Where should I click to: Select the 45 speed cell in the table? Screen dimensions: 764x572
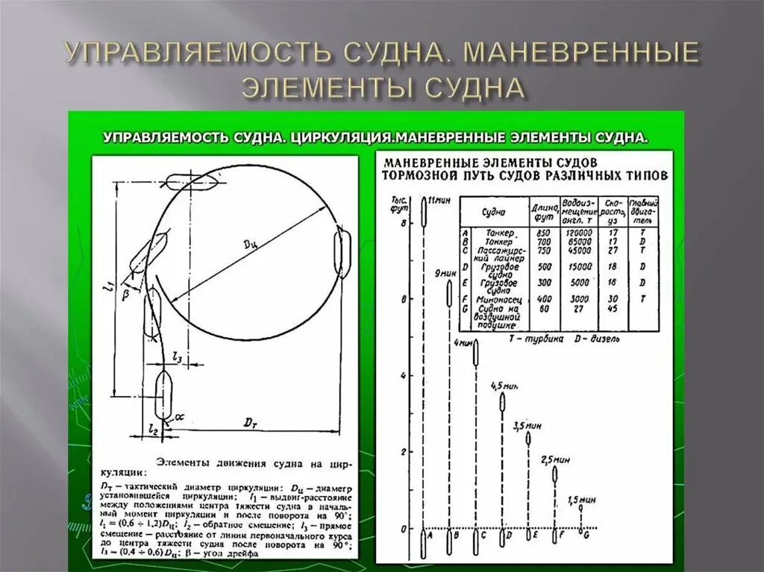(613, 309)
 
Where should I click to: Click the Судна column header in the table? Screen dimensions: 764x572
(495, 212)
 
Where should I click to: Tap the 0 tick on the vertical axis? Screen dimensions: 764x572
(404, 529)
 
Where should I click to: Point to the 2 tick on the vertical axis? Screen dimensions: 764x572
(404, 452)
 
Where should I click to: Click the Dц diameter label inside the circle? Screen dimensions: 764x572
(251, 247)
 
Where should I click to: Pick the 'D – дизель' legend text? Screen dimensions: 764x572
(596, 337)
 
